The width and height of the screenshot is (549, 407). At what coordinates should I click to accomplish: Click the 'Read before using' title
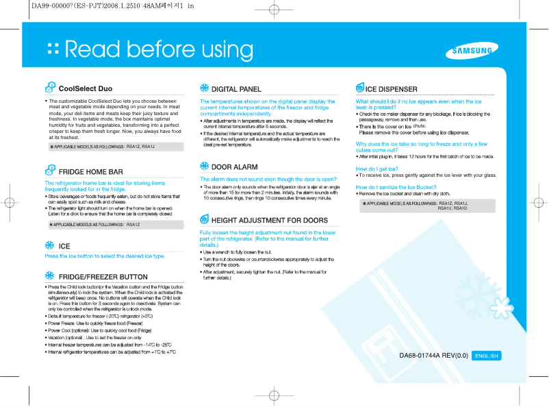(159, 49)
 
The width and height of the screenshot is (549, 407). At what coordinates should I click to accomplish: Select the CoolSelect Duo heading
(86, 88)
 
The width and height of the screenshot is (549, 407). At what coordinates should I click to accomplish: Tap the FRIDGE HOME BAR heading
(90, 171)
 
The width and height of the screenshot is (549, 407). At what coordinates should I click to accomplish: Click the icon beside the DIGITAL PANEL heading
(204, 88)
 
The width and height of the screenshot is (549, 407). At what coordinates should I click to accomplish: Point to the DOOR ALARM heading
(234, 166)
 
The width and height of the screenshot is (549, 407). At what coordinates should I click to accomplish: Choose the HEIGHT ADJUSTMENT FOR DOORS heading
(269, 220)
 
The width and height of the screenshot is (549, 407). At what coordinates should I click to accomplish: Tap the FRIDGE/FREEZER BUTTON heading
(103, 276)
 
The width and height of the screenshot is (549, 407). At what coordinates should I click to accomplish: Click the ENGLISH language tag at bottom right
(487, 356)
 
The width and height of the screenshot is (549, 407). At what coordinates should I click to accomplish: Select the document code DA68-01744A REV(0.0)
(433, 356)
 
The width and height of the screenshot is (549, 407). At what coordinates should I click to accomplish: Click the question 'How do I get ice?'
(376, 168)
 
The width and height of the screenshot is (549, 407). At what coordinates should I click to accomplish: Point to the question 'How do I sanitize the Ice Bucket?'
(396, 186)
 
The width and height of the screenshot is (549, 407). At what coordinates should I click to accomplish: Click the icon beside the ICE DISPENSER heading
(360, 88)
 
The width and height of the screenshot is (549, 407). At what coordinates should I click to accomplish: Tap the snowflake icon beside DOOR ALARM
(204, 166)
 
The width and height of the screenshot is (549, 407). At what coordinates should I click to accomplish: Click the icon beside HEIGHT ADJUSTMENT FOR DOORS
(204, 219)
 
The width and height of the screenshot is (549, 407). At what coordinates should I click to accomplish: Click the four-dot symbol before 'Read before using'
(52, 49)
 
